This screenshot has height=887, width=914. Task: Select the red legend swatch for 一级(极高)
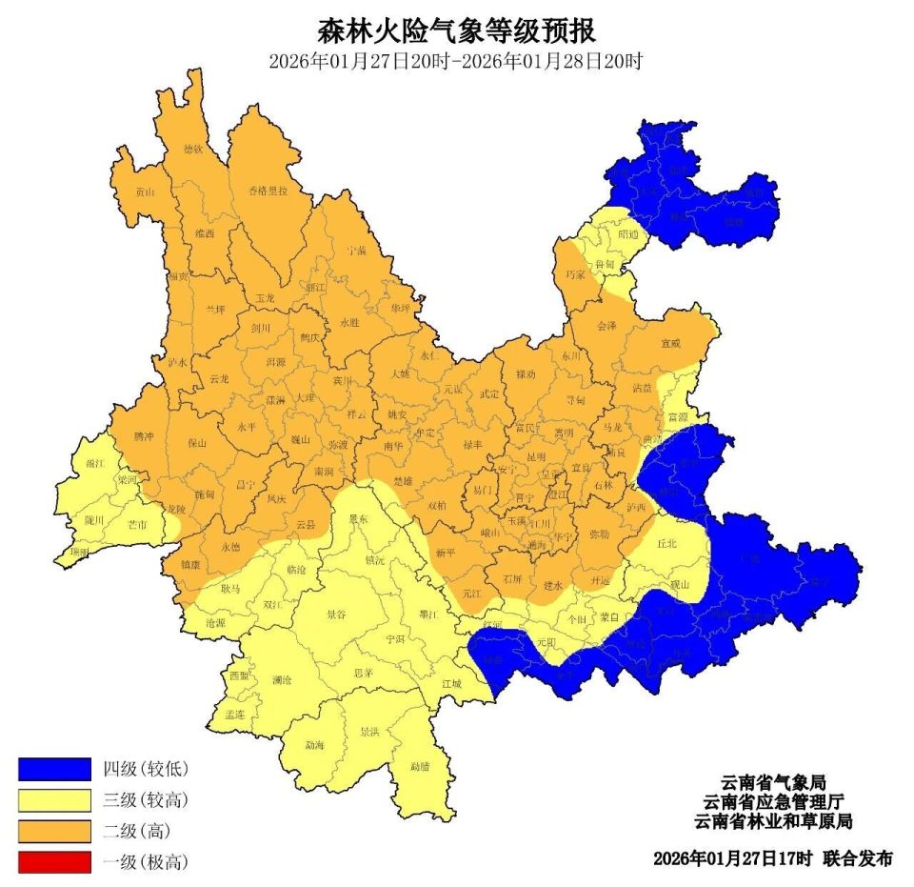pos(54,862)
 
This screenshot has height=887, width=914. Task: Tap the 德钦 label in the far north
pos(193,149)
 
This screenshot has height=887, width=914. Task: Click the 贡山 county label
pos(144,192)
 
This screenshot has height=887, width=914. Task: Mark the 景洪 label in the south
pos(369,732)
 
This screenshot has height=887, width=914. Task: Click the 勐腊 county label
pos(420,766)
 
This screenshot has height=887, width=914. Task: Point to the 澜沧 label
pos(282,680)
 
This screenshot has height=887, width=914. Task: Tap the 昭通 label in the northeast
pos(629,232)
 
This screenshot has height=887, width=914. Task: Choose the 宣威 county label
pos(672,343)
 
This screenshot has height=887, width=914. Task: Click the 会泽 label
pos(606,326)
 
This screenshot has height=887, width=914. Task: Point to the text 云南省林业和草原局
pos(772,820)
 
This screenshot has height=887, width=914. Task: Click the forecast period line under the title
pos(456,62)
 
